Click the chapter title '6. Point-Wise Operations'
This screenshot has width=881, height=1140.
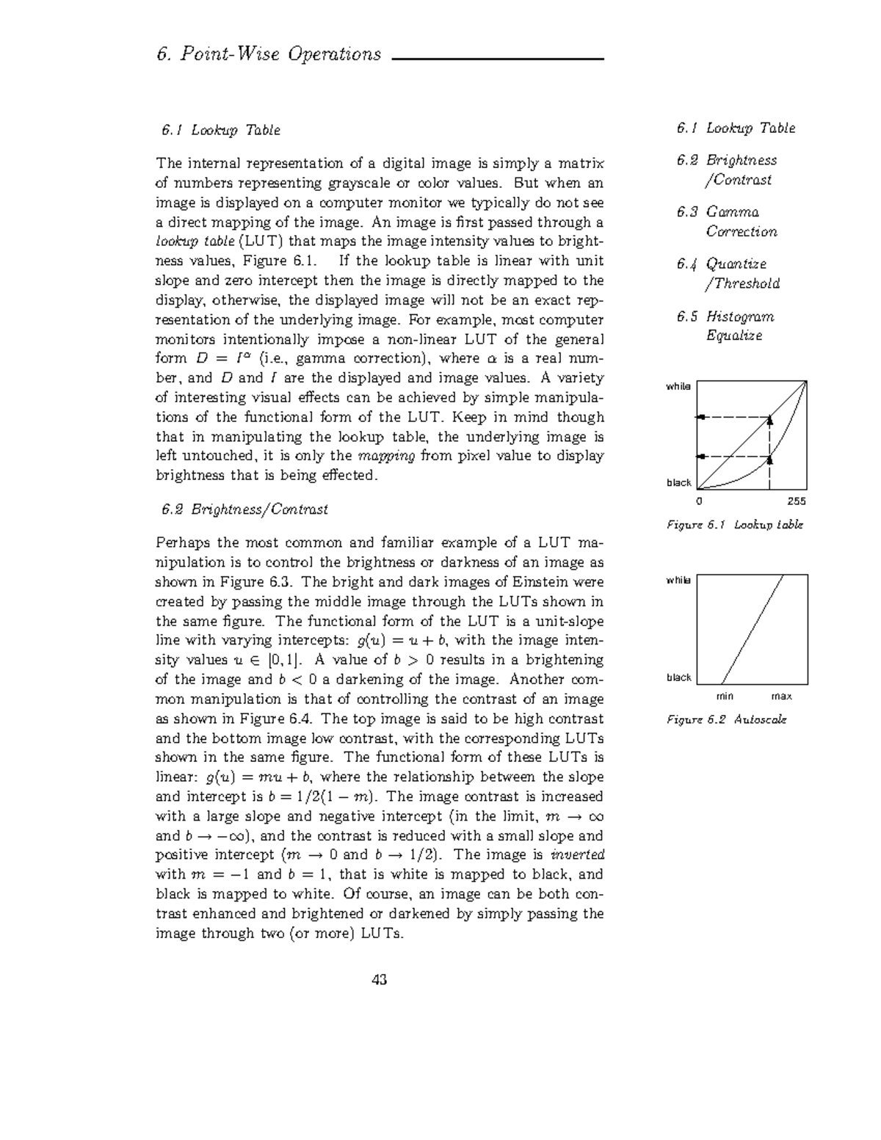tap(269, 54)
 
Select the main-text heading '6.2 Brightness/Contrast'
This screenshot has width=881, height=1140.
tap(242, 509)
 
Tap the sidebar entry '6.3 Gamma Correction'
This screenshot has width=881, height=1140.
tap(727, 222)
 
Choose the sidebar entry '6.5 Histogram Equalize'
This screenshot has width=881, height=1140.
tap(725, 326)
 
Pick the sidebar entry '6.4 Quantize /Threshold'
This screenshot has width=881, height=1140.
tap(728, 273)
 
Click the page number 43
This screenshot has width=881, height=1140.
tap(380, 979)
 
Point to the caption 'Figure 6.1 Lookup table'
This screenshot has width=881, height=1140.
tap(734, 525)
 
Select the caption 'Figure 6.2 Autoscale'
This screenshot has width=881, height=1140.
tap(726, 719)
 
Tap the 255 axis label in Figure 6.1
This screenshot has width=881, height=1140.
tap(796, 501)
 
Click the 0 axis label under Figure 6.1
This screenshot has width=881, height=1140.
tap(699, 501)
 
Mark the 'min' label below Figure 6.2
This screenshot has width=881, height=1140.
tap(724, 696)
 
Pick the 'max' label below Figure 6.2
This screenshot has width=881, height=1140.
tap(781, 696)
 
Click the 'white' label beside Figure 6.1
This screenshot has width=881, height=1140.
tap(678, 386)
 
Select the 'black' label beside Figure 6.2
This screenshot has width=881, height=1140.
tap(678, 677)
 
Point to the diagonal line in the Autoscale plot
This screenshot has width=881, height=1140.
tap(753, 629)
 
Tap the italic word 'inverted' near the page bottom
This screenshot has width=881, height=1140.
tap(577, 854)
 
